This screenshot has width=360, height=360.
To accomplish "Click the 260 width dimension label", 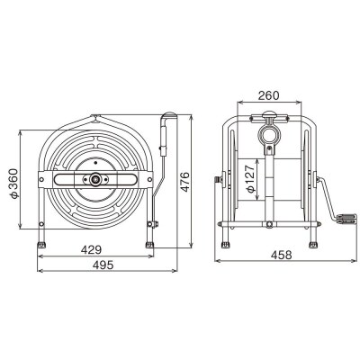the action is [268, 95].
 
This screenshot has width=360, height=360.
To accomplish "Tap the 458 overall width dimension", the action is [281, 255].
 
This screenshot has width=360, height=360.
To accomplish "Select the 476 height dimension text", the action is [185, 182].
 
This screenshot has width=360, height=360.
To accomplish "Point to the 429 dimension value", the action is [91, 249].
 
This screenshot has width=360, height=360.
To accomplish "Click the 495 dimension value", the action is [103, 265].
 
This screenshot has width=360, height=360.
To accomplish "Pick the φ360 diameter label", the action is [14, 184].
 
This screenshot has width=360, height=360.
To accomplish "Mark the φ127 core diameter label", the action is [250, 178].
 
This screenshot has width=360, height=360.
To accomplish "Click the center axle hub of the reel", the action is [95, 179].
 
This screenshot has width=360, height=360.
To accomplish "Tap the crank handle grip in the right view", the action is [346, 219].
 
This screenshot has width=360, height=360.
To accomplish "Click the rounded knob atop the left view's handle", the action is [170, 115].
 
